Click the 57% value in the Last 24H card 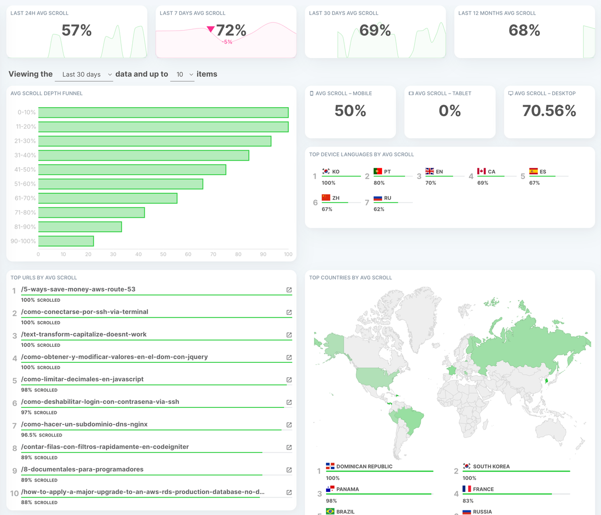[x=77, y=31]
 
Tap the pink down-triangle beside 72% [x=210, y=30]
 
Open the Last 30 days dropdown [x=84, y=75]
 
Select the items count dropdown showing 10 [x=182, y=75]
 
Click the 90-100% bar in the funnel [x=66, y=241]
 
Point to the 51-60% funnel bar [x=121, y=184]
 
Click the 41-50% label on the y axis [x=25, y=170]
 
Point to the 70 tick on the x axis [x=213, y=254]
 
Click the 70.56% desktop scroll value [x=549, y=111]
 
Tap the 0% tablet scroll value [x=450, y=111]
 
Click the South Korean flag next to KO [x=326, y=171]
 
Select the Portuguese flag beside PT [x=378, y=171]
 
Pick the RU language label [x=388, y=198]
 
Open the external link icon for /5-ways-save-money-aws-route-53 [x=289, y=290]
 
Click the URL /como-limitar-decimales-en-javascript [x=82, y=379]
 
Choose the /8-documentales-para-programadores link [x=82, y=469]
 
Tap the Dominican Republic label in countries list [x=364, y=466]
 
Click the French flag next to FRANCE [x=467, y=489]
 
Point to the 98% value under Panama [x=331, y=501]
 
